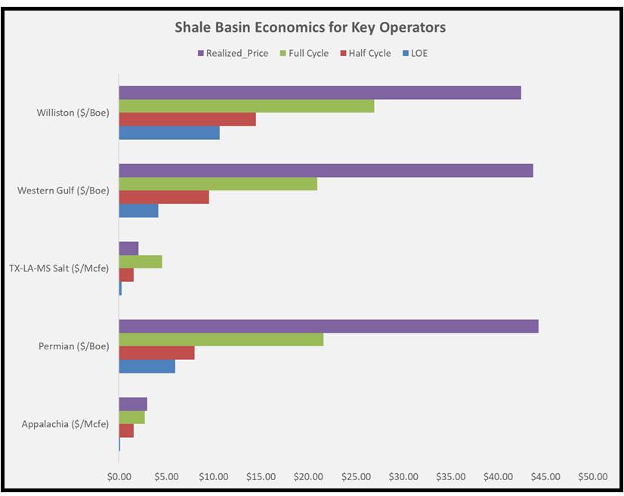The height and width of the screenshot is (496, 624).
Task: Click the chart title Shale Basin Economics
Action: [310, 28]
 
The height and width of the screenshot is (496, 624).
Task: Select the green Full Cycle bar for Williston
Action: [246, 106]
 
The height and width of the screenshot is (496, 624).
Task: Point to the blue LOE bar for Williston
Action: [169, 132]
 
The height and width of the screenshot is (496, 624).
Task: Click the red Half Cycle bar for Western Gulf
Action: [164, 197]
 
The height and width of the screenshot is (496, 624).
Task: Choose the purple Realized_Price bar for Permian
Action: [329, 326]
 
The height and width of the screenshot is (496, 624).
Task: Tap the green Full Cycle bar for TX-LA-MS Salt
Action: [141, 262]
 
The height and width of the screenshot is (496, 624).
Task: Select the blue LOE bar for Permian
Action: [147, 366]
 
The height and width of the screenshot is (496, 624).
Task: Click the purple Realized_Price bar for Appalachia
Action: [133, 404]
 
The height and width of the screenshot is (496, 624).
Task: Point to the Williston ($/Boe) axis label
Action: [73, 113]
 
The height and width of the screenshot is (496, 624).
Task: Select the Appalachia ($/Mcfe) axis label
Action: [65, 424]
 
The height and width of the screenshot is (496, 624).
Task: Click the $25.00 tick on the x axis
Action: [356, 477]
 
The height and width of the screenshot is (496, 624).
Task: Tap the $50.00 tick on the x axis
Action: [592, 477]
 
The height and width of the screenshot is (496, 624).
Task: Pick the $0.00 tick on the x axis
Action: [119, 477]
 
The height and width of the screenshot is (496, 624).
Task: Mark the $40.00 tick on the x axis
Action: [498, 477]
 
